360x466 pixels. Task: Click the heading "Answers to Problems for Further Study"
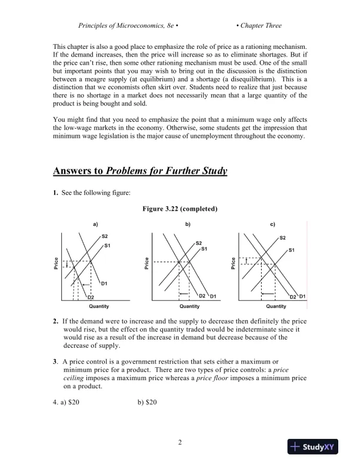(140, 171)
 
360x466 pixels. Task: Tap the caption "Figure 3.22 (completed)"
(180, 209)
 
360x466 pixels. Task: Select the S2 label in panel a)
(105, 236)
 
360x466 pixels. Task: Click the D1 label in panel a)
(104, 284)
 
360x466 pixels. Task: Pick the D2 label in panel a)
(91, 298)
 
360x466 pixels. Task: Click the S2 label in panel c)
(282, 238)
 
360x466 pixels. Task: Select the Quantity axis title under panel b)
(189, 306)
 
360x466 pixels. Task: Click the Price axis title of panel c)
(234, 263)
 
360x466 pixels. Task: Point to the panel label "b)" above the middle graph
(188, 224)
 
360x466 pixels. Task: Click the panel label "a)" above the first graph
(95, 224)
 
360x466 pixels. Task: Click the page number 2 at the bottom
(180, 442)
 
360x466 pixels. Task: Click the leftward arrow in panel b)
(184, 292)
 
